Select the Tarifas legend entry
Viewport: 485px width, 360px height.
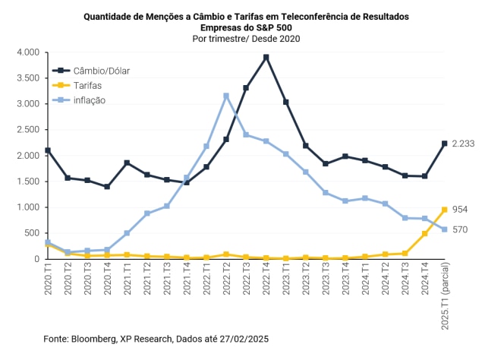[x=84, y=85]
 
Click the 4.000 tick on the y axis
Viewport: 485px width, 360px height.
[x=27, y=52]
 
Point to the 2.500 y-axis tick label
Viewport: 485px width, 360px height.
[x=27, y=130]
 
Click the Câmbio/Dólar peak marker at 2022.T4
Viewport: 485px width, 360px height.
[x=266, y=57]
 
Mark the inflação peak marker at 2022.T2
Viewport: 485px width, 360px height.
[x=226, y=96]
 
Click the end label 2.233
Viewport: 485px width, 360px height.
[x=463, y=144]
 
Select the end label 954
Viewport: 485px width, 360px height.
[x=460, y=210]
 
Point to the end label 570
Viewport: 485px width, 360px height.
[x=460, y=229]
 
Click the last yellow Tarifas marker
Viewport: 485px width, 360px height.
[x=445, y=210]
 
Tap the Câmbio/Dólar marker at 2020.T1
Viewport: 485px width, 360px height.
[x=48, y=150]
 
